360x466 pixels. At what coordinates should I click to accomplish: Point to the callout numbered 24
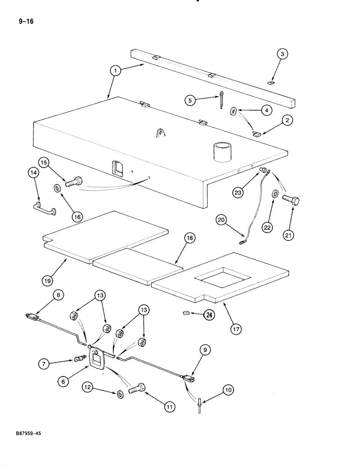(x=209, y=315)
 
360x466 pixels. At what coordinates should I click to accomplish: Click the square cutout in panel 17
(x=222, y=279)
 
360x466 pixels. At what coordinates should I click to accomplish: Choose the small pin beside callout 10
(x=200, y=404)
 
